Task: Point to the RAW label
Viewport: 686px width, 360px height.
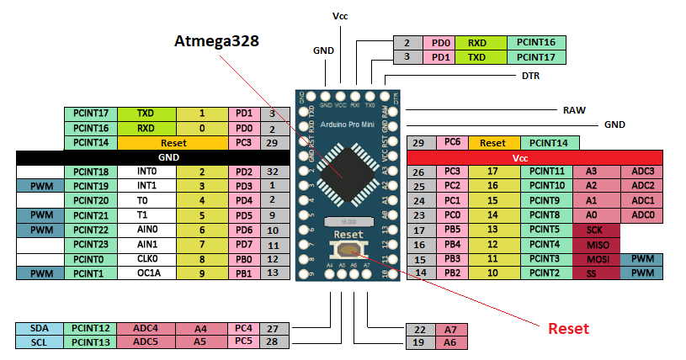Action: (x=573, y=109)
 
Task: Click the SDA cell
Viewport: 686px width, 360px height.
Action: (x=39, y=328)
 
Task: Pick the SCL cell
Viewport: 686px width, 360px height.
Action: (x=39, y=342)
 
